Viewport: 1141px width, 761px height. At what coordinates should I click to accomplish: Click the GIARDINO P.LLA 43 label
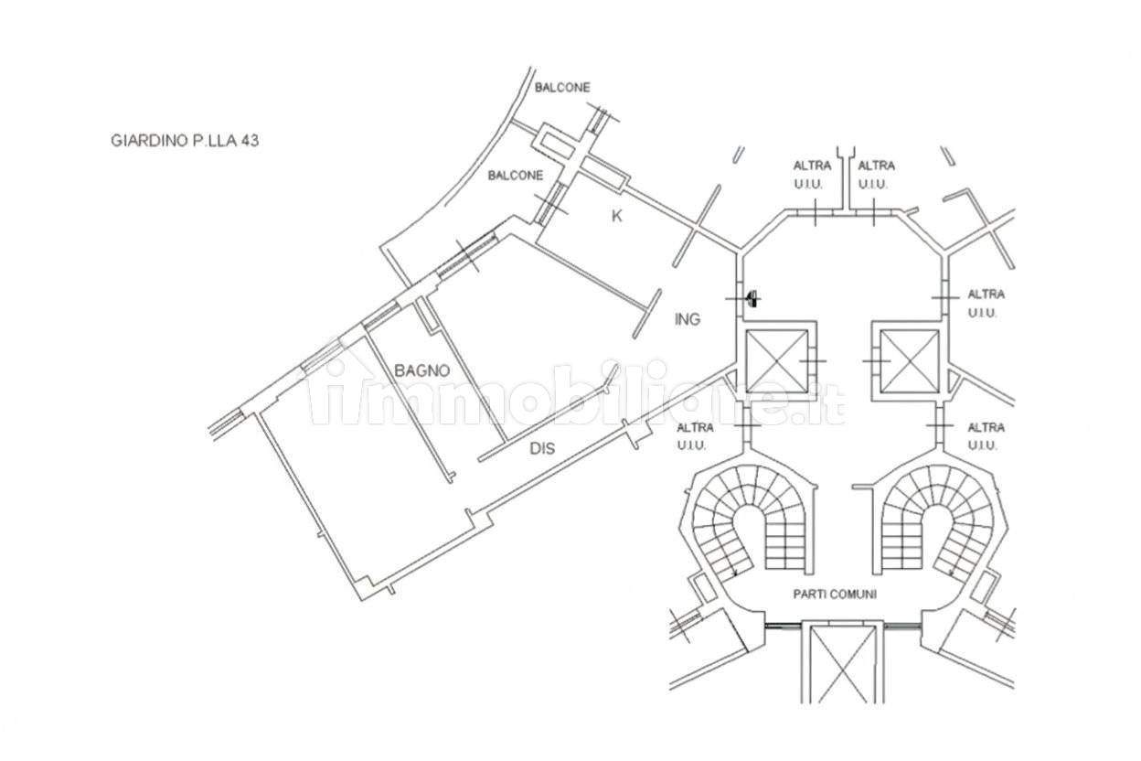179,141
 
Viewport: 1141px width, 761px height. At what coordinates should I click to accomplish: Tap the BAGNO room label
421,370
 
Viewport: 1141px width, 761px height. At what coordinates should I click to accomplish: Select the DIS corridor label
543,449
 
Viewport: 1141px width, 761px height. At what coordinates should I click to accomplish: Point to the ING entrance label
687,319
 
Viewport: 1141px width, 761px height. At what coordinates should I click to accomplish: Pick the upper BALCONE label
562,88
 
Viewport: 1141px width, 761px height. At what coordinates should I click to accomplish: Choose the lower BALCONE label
515,175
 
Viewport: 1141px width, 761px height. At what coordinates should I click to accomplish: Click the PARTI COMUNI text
835,594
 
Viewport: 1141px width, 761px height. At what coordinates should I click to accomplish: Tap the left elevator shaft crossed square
778,360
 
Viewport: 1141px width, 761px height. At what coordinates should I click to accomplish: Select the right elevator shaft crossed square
909,360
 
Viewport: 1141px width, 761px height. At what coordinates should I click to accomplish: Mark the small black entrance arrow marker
752,297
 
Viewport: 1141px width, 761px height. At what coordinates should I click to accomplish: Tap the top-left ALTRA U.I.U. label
811,175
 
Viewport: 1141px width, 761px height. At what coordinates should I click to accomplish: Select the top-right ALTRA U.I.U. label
876,175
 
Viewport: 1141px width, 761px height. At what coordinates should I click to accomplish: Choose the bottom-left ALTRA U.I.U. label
696,435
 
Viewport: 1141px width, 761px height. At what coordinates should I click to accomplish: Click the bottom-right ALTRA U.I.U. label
986,435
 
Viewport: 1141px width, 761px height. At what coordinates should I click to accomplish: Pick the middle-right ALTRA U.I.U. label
986,303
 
